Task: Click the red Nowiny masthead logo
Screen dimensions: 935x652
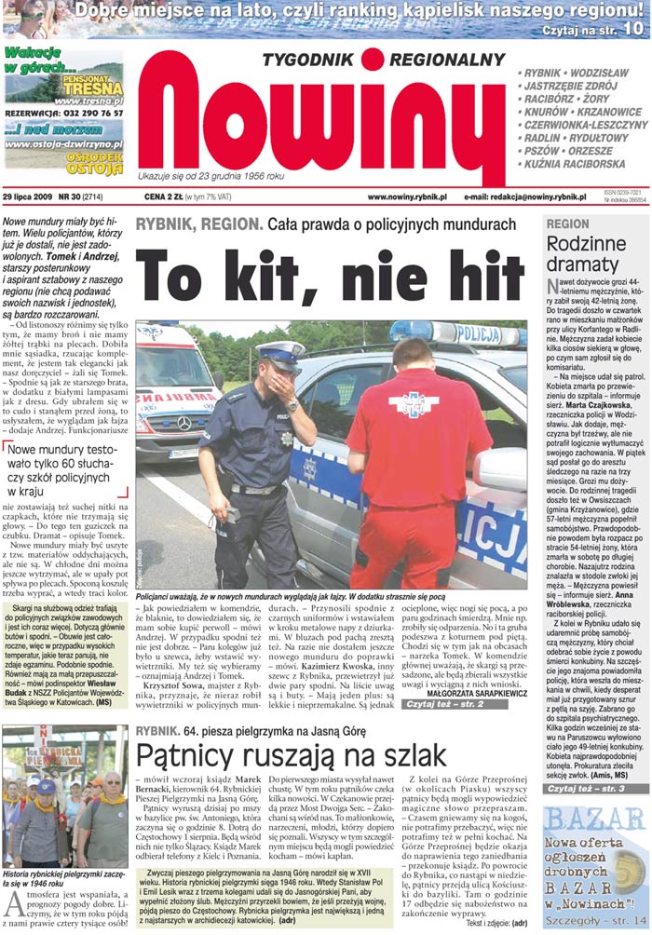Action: [321, 126]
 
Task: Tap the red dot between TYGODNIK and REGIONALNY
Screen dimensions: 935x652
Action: [373, 60]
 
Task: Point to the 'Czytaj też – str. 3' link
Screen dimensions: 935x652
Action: [596, 789]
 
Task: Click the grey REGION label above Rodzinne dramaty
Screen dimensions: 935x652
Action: [567, 224]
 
